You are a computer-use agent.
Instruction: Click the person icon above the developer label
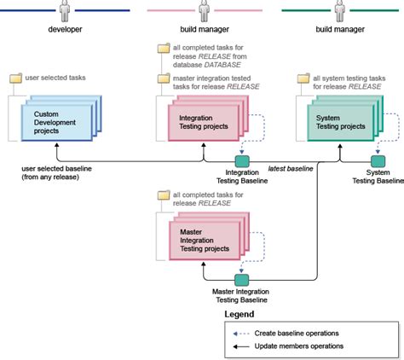66,11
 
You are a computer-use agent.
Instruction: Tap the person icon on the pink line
203,11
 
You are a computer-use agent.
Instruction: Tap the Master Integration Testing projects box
203,238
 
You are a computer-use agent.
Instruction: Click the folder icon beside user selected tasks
15,78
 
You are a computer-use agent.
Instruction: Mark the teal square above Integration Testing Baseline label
242,160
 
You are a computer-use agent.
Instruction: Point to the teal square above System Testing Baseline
376,160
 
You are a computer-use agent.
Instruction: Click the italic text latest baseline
291,167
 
